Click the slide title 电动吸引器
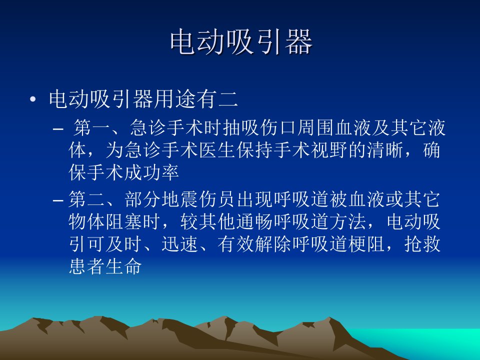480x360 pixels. tap(241, 42)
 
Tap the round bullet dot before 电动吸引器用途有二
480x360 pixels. tap(33, 99)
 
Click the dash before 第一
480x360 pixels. tap(58, 129)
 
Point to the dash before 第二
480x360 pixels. tap(58, 200)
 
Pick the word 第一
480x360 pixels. tap(92, 127)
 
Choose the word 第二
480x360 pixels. tap(87, 199)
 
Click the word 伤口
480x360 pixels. tap(279, 127)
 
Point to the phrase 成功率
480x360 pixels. tap(151, 172)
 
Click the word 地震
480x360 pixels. tap(180, 199)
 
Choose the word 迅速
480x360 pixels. tap(180, 244)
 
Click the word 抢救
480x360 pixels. tap(422, 244)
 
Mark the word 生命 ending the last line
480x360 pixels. tap(123, 266)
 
